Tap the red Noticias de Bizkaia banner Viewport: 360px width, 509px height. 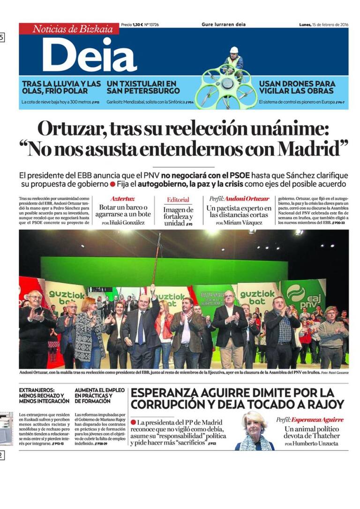click(x=69, y=29)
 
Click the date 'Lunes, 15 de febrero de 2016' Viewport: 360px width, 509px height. click(x=323, y=24)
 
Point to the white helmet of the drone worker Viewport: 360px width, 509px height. click(x=233, y=50)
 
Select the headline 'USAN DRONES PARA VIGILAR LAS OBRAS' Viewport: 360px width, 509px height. click(x=297, y=87)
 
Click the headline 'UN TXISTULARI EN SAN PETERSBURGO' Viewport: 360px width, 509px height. click(x=143, y=87)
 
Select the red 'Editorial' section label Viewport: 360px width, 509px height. click(x=178, y=200)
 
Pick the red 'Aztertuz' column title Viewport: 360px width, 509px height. click(x=122, y=199)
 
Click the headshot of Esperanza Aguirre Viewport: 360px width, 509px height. click(x=254, y=431)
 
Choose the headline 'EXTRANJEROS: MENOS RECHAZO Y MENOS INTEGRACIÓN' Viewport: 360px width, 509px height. click(x=44, y=396)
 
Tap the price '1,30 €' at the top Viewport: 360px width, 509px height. click(x=137, y=24)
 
